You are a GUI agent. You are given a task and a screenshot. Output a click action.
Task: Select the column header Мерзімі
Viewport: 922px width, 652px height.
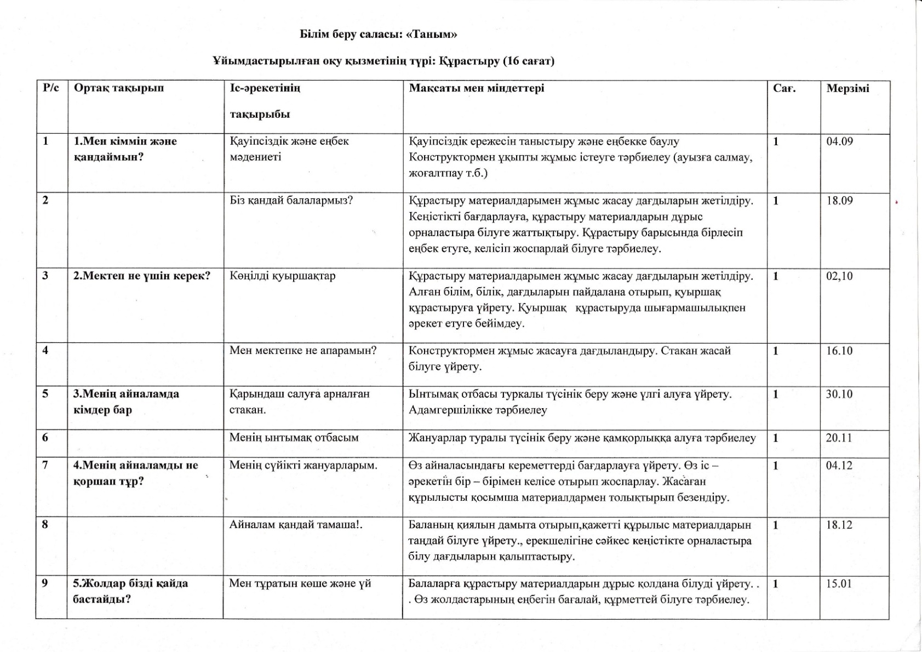[x=847, y=88]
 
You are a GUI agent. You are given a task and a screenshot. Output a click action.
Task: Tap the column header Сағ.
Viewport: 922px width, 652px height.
[x=784, y=88]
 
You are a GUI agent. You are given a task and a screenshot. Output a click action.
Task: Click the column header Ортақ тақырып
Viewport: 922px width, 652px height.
[x=119, y=88]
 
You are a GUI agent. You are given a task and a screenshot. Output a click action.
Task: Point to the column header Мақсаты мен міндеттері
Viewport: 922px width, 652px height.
[x=477, y=88]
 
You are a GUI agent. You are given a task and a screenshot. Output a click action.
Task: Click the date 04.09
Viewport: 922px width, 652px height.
[x=839, y=141]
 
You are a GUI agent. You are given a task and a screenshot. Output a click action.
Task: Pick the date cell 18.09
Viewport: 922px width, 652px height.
[x=839, y=201]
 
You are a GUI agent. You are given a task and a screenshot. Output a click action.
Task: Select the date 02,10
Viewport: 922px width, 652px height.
[x=839, y=276]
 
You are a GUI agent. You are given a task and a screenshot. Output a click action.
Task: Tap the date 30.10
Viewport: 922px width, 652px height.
[x=839, y=394]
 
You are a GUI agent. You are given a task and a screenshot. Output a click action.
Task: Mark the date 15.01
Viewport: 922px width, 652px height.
[x=839, y=584]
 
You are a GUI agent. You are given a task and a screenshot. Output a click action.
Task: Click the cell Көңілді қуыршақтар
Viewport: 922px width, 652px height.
[x=283, y=276]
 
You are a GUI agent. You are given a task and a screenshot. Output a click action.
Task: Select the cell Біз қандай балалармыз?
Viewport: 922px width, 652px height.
[x=291, y=201]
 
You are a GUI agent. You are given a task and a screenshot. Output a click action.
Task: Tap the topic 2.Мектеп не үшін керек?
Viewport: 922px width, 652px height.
[x=142, y=276]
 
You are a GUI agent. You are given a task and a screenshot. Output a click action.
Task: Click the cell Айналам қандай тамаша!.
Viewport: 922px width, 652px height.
[x=296, y=525]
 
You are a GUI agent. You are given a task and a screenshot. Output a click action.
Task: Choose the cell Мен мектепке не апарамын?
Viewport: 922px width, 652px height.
[x=303, y=351]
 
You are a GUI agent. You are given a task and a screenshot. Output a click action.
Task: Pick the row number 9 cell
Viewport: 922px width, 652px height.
[x=45, y=584]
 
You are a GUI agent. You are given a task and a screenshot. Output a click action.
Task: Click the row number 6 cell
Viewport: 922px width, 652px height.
[x=45, y=438]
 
